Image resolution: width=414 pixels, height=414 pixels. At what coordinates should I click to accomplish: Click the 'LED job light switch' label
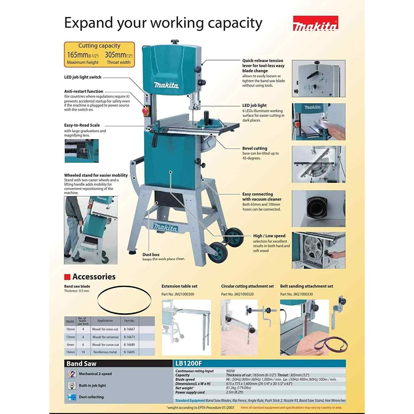tap(83, 77)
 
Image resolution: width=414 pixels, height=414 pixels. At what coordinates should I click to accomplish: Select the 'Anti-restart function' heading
tap(84, 91)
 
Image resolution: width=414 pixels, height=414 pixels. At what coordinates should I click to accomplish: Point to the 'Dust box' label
tap(151, 254)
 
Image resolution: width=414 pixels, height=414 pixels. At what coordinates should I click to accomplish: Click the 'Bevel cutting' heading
tap(254, 148)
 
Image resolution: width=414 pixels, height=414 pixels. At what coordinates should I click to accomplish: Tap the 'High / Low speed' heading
tap(269, 236)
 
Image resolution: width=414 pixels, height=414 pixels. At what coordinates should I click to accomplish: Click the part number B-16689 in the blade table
tap(129, 345)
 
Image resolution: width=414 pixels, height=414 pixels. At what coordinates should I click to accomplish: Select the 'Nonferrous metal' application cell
tap(105, 352)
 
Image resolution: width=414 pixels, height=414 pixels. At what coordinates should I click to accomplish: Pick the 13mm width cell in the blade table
tap(70, 337)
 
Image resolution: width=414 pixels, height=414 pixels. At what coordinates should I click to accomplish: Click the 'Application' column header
tap(105, 321)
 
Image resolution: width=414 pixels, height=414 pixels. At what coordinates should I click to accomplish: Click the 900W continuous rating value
tap(230, 371)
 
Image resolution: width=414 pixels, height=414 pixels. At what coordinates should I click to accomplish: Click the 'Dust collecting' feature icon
tap(72, 397)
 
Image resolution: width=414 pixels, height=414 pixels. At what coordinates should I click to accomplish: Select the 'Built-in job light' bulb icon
tap(72, 386)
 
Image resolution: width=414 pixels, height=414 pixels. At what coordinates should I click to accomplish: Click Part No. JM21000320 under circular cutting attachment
tap(237, 294)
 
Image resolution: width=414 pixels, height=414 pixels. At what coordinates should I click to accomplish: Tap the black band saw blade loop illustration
tap(124, 299)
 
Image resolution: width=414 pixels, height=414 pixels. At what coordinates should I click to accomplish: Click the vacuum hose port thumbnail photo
tap(319, 208)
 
